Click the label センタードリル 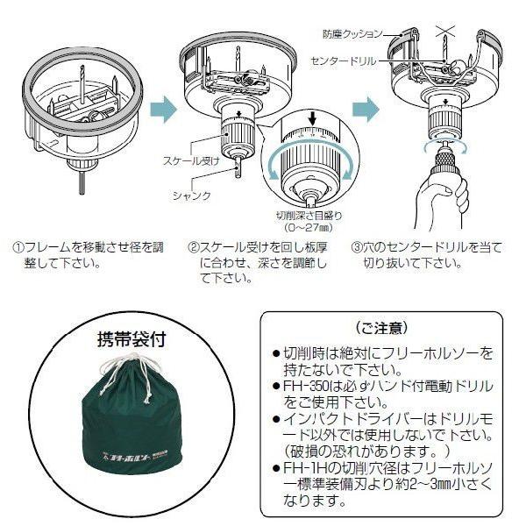pos(345,60)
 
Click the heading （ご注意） pos(380,328)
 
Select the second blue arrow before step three pos(366,109)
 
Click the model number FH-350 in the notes pos(304,385)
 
